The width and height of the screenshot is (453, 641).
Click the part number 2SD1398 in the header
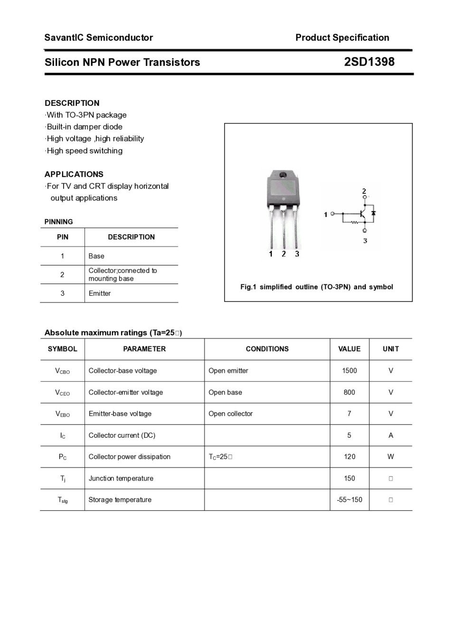(x=369, y=62)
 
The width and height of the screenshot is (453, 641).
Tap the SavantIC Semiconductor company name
(x=99, y=38)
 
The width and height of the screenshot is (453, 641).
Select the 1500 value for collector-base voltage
(x=349, y=371)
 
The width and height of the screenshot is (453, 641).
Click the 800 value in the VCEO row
(x=349, y=392)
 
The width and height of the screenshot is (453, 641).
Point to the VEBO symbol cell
(x=62, y=414)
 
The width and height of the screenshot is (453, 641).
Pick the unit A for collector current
(x=390, y=435)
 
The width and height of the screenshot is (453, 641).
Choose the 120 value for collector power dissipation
(x=349, y=457)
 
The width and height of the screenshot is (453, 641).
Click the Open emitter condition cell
(x=228, y=371)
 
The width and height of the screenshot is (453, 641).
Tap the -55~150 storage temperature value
(x=349, y=500)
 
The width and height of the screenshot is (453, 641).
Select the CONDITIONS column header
(x=267, y=349)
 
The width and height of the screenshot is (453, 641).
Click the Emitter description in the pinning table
(x=100, y=293)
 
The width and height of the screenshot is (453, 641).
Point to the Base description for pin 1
(x=96, y=256)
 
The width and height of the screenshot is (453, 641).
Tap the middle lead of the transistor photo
(x=283, y=228)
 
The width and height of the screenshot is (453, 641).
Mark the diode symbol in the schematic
(x=373, y=214)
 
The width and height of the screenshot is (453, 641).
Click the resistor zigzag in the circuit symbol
(x=354, y=222)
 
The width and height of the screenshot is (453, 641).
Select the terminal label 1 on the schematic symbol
(x=326, y=215)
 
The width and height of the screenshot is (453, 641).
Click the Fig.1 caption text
(x=317, y=287)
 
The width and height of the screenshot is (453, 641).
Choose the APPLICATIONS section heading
(x=74, y=174)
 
